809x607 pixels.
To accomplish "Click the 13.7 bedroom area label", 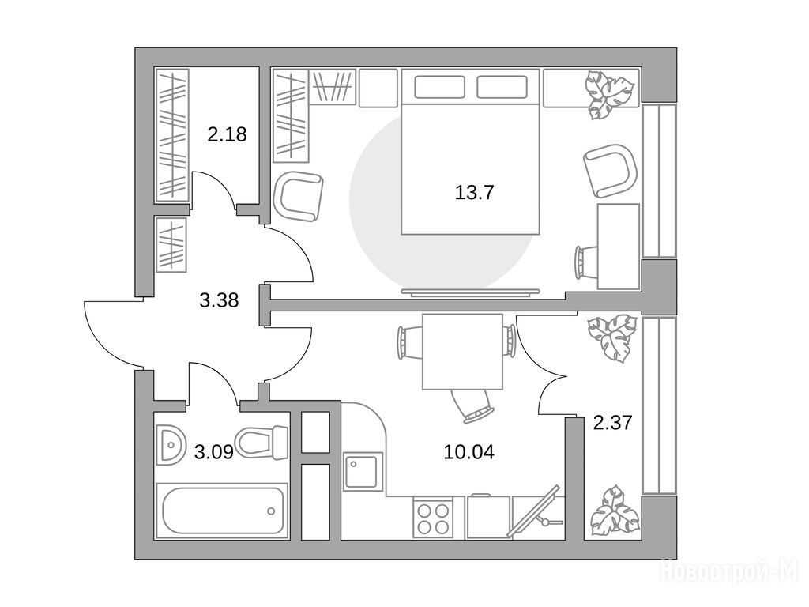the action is (474, 193).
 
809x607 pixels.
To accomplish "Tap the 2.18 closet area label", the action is (227, 134).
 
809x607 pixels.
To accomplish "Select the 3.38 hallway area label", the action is (219, 300).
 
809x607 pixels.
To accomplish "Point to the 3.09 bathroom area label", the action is (213, 453).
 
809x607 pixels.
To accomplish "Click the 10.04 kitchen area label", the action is (469, 452).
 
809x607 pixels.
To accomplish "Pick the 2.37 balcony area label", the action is (612, 424).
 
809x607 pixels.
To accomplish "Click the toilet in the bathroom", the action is (261, 443).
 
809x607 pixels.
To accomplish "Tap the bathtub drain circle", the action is (271, 511).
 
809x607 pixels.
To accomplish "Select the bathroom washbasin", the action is (171, 443).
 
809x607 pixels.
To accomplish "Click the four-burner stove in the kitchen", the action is (433, 518).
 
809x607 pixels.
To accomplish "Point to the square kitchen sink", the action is (363, 472).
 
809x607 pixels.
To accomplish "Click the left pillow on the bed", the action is (439, 87).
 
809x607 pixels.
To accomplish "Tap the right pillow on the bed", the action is (502, 87).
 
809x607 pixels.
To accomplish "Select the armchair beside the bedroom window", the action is (611, 171).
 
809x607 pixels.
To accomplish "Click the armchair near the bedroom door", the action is (298, 196).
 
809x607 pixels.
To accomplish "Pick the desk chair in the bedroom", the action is (586, 262).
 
